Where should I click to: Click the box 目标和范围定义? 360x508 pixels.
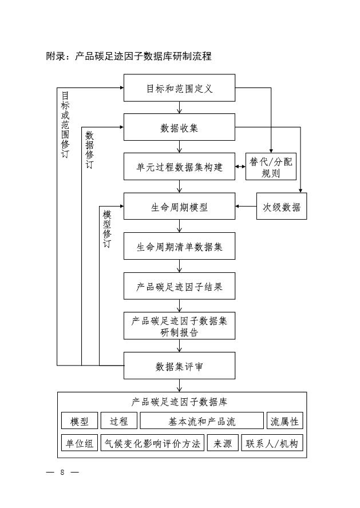tap(179, 88)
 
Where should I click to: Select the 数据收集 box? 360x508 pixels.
tap(179, 128)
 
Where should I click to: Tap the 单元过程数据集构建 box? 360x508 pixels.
tap(179, 167)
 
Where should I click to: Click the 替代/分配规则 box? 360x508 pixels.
tap(271, 167)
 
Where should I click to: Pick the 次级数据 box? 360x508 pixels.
tap(282, 207)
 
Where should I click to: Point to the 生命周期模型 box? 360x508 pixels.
tap(179, 207)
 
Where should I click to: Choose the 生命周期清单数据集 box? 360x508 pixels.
tap(179, 247)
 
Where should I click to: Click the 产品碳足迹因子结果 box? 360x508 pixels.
tap(179, 286)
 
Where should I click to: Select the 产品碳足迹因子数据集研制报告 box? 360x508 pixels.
tap(179, 326)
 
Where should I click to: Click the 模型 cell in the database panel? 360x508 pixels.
tap(80, 422)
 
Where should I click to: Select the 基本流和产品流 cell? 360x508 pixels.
tap(201, 422)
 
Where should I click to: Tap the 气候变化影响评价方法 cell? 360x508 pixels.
tap(152, 443)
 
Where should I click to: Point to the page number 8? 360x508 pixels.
tap(62, 473)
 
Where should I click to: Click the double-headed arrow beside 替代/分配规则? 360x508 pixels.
tap(240, 167)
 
